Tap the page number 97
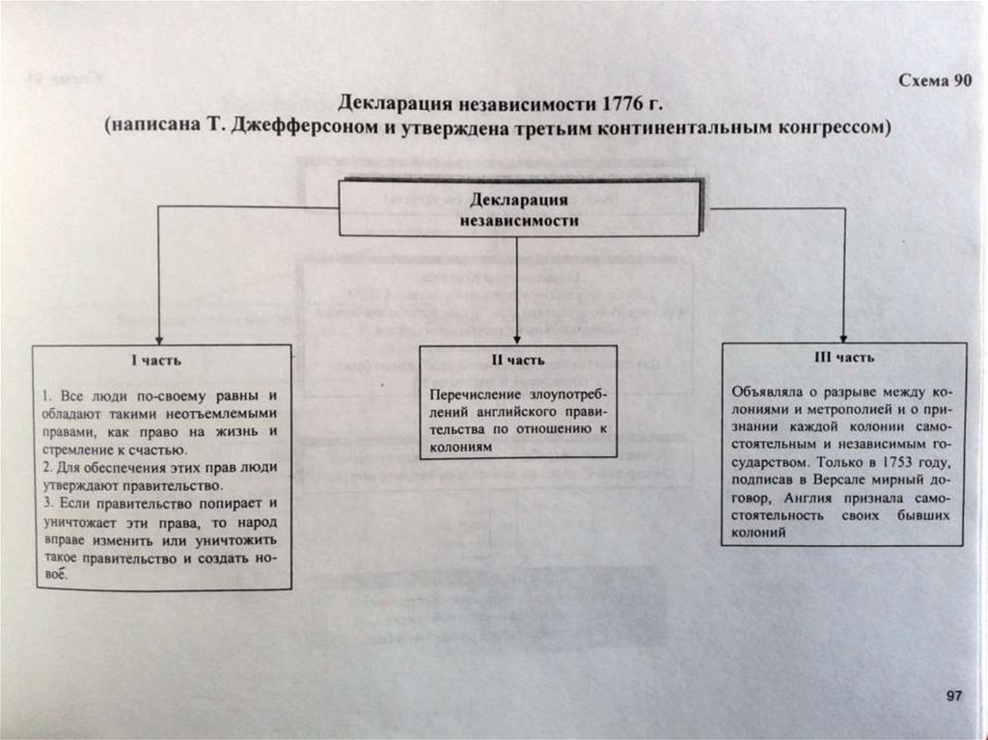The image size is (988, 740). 953,696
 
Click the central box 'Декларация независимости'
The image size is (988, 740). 517,209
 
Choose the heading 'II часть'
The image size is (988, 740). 518,360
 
